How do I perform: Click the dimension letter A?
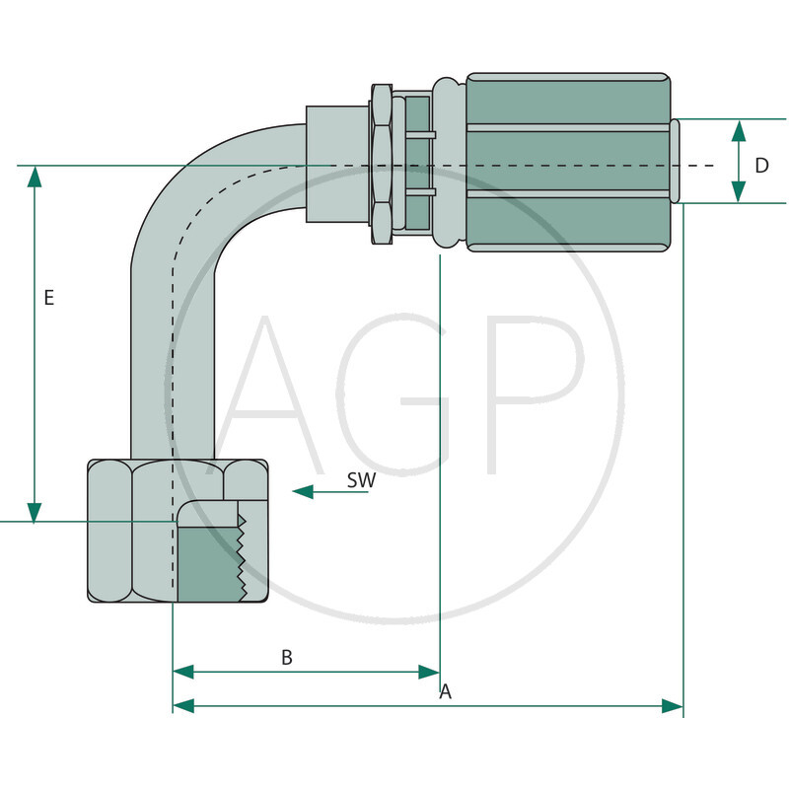445,692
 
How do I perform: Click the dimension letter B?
287,658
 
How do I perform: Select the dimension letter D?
761,166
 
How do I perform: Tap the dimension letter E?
49,298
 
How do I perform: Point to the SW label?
362,480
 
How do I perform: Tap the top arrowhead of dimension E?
35,177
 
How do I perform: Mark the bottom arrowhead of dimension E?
35,512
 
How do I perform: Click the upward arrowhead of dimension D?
739,130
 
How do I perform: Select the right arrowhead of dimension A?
672,706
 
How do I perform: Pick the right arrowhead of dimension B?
428,672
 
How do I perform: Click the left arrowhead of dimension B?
183,672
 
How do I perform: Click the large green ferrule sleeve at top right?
567,163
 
